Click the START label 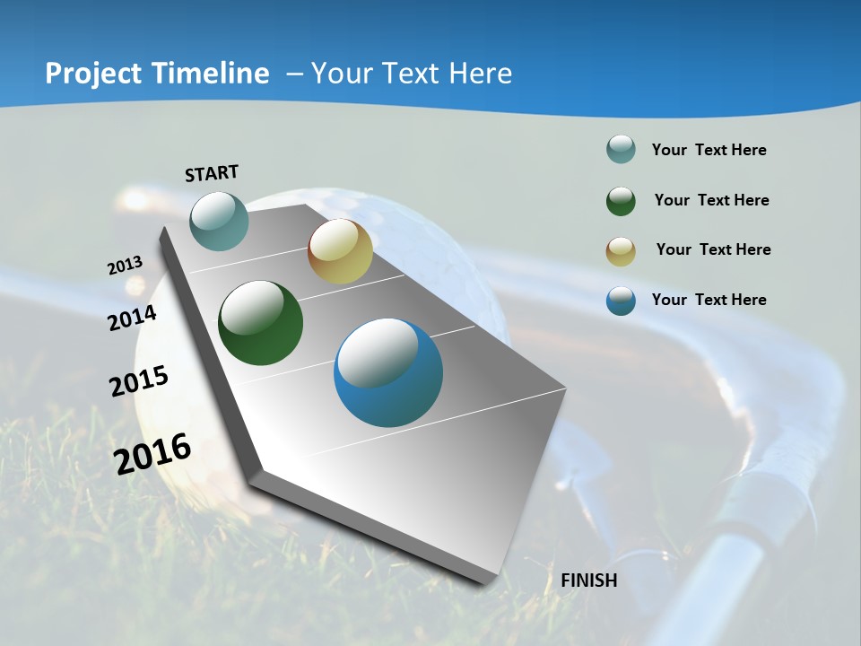[x=212, y=173]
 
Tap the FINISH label [x=589, y=581]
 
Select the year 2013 [x=125, y=266]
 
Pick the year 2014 [x=133, y=318]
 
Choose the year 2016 [x=152, y=454]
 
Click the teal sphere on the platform [x=219, y=221]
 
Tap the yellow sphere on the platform [x=340, y=251]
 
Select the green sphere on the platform [x=260, y=323]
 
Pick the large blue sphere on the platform [x=388, y=372]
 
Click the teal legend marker [x=621, y=150]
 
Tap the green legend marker [x=621, y=200]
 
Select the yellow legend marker [x=621, y=250]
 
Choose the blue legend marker [x=621, y=301]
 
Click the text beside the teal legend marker [x=709, y=150]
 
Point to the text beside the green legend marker [x=711, y=200]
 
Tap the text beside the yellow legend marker [x=713, y=249]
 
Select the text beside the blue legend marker [x=709, y=300]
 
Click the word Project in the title [x=92, y=74]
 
